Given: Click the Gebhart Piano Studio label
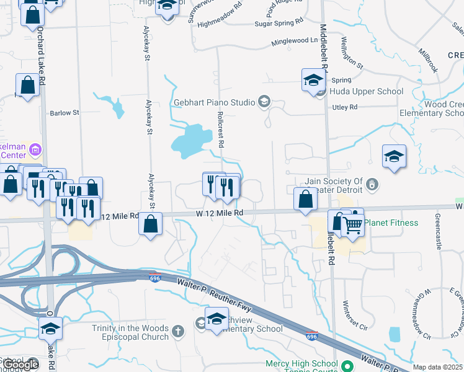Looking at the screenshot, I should (215, 102).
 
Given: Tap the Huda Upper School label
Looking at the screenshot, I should (367, 91).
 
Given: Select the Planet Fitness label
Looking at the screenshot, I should (391, 223).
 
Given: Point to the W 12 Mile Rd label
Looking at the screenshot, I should (219, 213).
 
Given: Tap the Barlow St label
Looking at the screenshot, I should (65, 113).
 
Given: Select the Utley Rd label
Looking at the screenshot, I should (345, 107).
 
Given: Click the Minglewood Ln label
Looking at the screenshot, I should (294, 42).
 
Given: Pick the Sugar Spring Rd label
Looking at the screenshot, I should (279, 23).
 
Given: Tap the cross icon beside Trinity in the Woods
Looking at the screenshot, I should (179, 330).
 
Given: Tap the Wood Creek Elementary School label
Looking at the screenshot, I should (432, 109).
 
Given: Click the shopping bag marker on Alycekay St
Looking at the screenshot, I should (151, 224).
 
